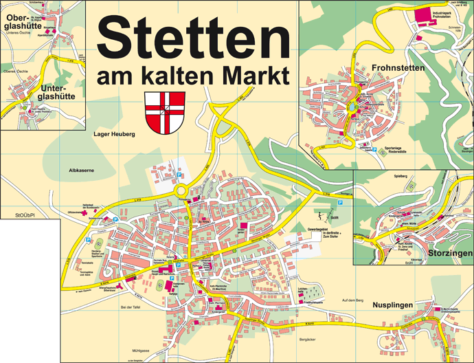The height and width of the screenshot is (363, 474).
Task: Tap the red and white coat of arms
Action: coord(165,112)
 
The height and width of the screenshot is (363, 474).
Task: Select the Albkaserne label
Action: coord(81,168)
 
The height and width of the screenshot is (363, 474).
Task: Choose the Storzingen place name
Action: coord(447,254)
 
